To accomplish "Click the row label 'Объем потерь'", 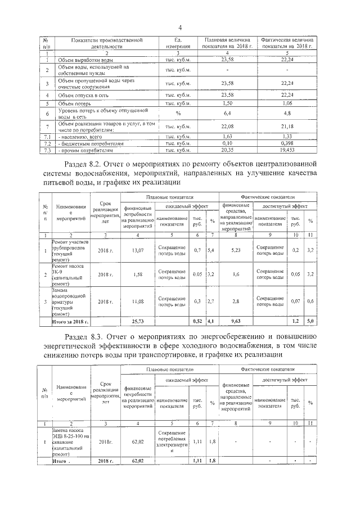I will (x=73, y=103).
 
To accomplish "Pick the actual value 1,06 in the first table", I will (x=287, y=103).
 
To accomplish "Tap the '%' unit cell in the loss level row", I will (x=177, y=113).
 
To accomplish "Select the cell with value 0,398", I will (x=287, y=143).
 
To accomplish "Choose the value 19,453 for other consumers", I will (x=287, y=151).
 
